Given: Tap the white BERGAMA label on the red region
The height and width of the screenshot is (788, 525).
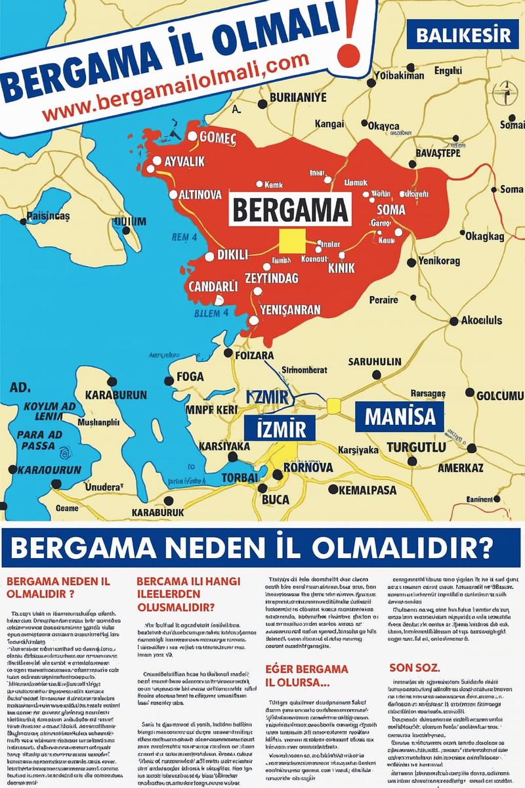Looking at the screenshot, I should click(289, 209).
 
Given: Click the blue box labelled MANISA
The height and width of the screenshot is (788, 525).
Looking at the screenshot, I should click(400, 416).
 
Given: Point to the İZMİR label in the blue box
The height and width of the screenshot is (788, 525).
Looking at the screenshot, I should click(276, 428).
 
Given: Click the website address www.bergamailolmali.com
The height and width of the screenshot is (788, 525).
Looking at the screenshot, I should click(176, 87).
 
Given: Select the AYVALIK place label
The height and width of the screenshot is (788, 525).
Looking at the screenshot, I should click(184, 162).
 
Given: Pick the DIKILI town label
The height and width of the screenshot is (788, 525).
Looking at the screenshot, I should click(233, 255).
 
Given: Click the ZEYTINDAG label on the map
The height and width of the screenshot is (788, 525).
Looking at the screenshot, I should click(271, 278).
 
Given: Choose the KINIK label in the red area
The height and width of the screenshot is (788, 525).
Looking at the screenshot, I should click(341, 268).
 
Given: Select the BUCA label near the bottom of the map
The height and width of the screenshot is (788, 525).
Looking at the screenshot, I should click(276, 500).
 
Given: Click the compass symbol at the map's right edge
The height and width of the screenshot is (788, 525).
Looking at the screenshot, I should click(506, 93).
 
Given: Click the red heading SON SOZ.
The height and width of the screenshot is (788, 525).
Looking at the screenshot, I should click(415, 667).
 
